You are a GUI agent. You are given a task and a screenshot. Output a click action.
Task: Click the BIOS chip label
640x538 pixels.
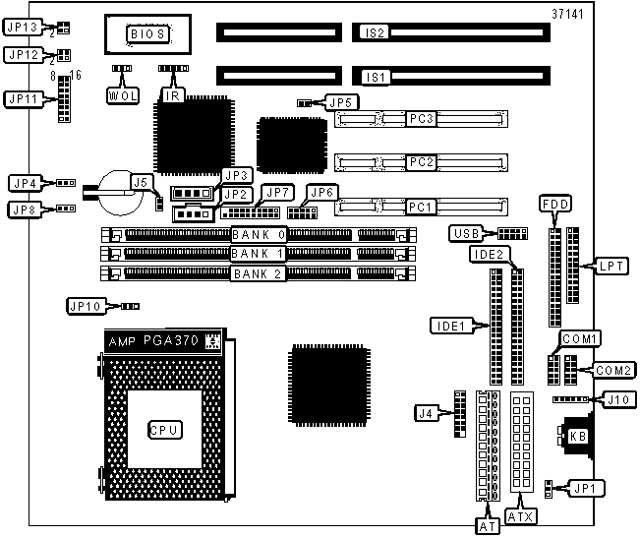[148, 34]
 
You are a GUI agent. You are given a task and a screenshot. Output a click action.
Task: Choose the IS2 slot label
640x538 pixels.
[374, 33]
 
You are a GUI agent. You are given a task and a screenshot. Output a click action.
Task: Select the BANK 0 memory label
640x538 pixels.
[259, 234]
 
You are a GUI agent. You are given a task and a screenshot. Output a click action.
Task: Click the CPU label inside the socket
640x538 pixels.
[163, 430]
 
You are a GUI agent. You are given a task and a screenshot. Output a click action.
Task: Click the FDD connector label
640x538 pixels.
[554, 204]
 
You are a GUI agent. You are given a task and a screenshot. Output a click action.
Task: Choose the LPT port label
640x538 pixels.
[611, 266]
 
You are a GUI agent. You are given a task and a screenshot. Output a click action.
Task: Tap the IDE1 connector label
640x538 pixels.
[448, 324]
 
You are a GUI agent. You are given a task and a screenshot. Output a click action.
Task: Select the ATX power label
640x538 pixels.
[521, 515]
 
